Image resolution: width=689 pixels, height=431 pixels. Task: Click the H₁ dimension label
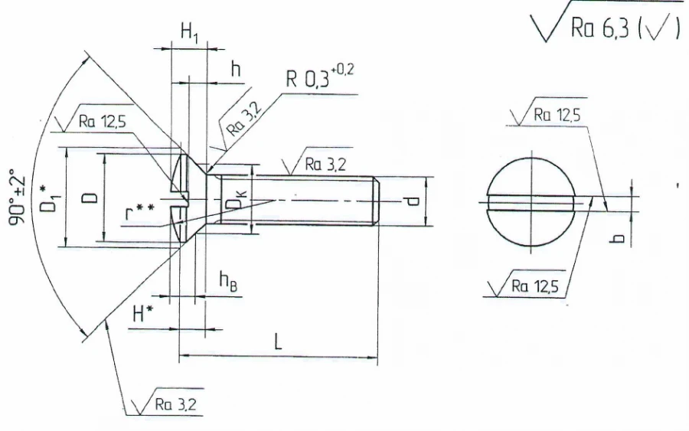tap(190, 33)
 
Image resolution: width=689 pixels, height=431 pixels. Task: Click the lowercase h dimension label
tap(236, 68)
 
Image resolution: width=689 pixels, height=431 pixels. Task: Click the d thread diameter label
tap(412, 201)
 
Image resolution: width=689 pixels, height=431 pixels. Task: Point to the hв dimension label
tap(228, 281)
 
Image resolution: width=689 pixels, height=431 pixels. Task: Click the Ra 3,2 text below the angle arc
tap(175, 404)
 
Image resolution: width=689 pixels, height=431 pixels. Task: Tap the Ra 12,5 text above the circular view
tap(553, 115)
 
